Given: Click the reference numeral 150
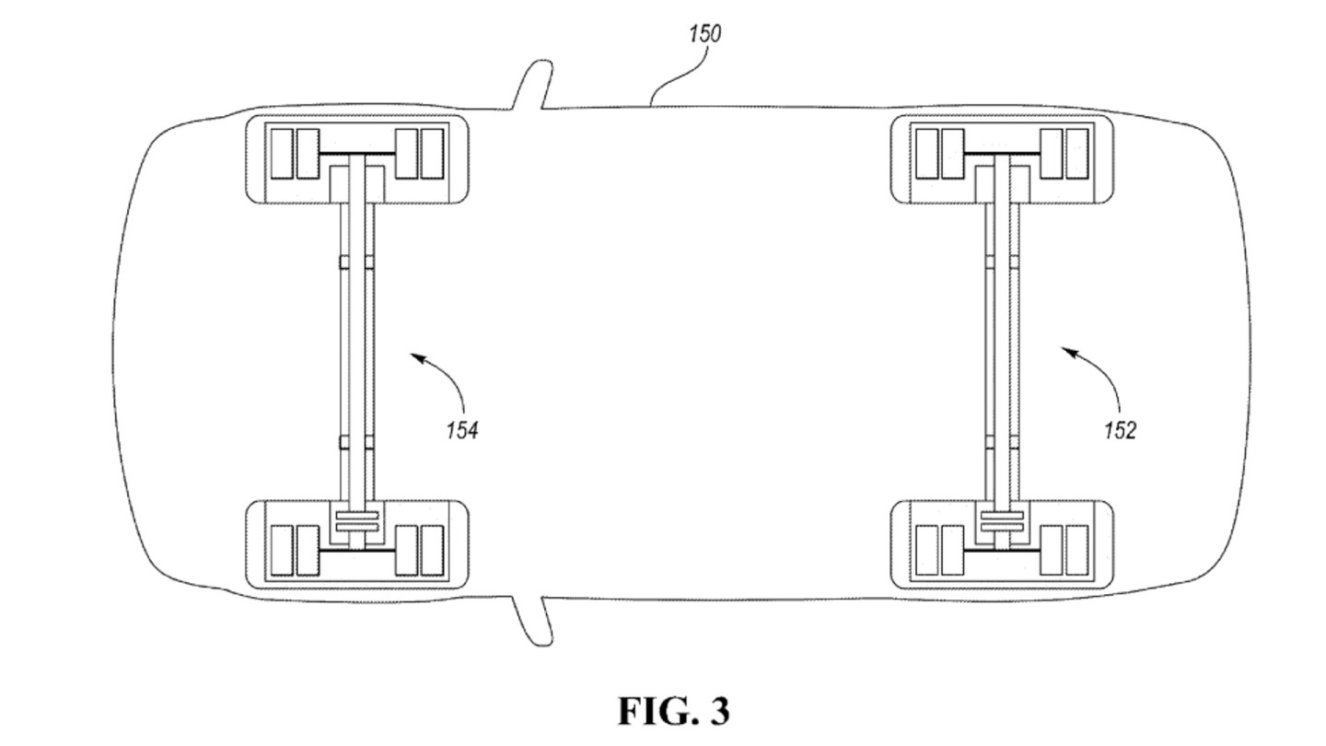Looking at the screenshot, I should point(704,34).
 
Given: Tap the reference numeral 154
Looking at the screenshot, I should point(461,429).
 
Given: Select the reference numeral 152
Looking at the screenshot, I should point(1120,430).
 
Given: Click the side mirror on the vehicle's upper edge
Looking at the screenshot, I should point(534,87).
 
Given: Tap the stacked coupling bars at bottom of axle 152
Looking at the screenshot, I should point(1003,521).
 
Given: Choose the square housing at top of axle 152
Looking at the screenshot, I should point(1003,181).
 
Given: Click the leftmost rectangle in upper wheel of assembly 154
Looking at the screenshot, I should point(281,154).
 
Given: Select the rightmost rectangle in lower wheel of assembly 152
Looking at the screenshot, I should point(1076,551).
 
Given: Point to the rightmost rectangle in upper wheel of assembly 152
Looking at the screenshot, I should point(1076,154).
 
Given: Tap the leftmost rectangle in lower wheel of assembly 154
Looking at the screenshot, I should point(281,551).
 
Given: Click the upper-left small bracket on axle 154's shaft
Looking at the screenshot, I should point(344,262).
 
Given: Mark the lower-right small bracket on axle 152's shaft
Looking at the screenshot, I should point(1015,442).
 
